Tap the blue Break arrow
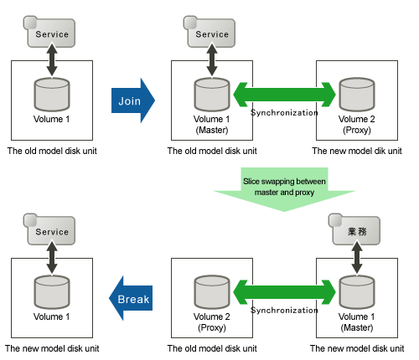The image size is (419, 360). (x=131, y=298)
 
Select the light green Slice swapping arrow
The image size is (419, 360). (x=284, y=189)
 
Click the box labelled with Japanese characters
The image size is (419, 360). (x=354, y=229)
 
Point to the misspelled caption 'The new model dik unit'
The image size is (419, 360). (x=357, y=151)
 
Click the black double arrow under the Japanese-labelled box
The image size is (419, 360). (x=357, y=257)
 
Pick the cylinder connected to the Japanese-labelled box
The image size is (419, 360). (x=357, y=292)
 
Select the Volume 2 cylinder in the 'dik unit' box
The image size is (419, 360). (x=357, y=95)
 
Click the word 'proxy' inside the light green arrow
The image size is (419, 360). (x=305, y=193)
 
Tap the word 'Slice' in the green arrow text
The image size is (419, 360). (x=251, y=182)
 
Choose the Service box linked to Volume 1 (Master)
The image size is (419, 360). (x=209, y=32)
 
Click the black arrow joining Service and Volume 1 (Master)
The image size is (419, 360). (x=212, y=59)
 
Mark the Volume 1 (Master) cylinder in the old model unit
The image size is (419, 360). (x=212, y=95)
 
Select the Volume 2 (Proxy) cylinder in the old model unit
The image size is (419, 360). (x=212, y=292)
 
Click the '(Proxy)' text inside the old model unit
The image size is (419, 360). (x=212, y=327)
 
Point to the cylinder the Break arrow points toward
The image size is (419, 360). (x=52, y=292)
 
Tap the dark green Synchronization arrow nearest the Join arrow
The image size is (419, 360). (x=284, y=95)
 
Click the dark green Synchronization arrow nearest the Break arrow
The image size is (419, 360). (x=284, y=292)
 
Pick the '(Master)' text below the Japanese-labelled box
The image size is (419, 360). (x=357, y=327)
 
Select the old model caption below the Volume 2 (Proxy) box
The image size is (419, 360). (x=212, y=348)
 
